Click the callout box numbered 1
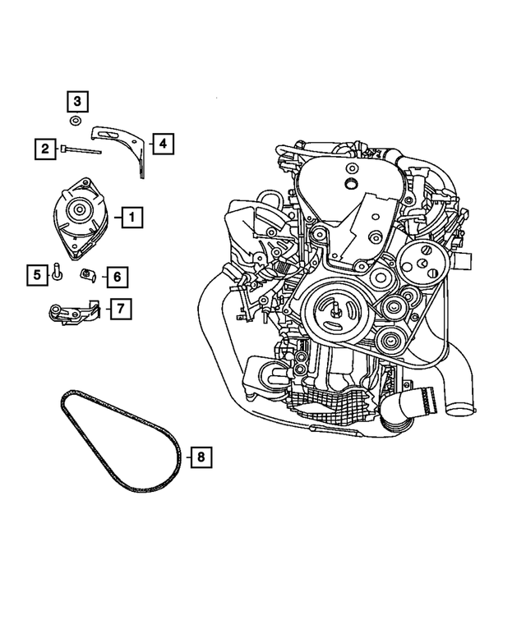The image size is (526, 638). (x=131, y=218)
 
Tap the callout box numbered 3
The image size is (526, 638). (x=76, y=102)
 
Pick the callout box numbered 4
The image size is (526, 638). (x=162, y=145)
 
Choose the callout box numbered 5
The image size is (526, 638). (x=36, y=274)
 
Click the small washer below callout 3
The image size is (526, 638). (x=76, y=122)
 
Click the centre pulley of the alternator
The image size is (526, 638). (x=81, y=210)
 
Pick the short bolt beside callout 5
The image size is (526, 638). (x=57, y=272)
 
